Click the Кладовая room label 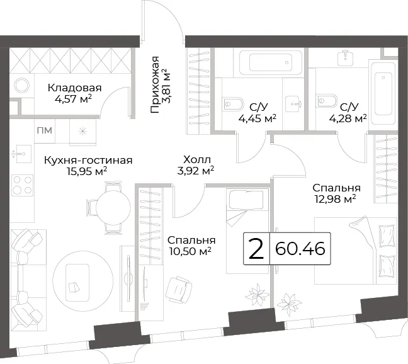[74, 88]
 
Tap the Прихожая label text [155, 84]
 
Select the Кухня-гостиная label [88, 160]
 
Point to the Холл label [197, 159]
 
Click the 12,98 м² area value [336, 199]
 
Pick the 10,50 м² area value [190, 251]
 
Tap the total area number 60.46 [300, 249]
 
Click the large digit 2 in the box [256, 249]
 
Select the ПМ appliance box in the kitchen [45, 130]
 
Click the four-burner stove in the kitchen [23, 185]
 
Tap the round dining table [113, 208]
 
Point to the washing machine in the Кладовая [22, 86]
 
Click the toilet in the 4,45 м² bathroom [234, 104]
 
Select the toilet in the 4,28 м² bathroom [327, 101]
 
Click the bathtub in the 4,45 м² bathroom [269, 62]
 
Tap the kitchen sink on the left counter [21, 154]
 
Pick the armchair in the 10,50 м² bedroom [179, 290]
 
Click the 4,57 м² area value [74, 99]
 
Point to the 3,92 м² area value [196, 171]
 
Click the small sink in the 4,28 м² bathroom [345, 59]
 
